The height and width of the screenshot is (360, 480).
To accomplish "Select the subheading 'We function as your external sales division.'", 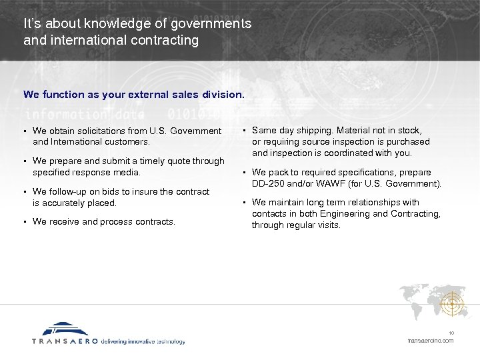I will pyautogui.click(x=134, y=95).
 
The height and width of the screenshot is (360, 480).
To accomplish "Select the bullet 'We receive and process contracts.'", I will pyautogui.click(x=103, y=222).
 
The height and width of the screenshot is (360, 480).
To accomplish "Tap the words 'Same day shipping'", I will pyautogui.click(x=287, y=131).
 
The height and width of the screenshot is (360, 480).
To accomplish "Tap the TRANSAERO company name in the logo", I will pyautogui.click(x=65, y=341).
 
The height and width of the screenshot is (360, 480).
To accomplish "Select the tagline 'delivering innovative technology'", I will pyautogui.click(x=143, y=341).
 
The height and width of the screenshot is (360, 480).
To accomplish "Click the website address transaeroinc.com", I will pyautogui.click(x=430, y=341).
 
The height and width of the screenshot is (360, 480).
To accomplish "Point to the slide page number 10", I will pyautogui.click(x=451, y=333).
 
